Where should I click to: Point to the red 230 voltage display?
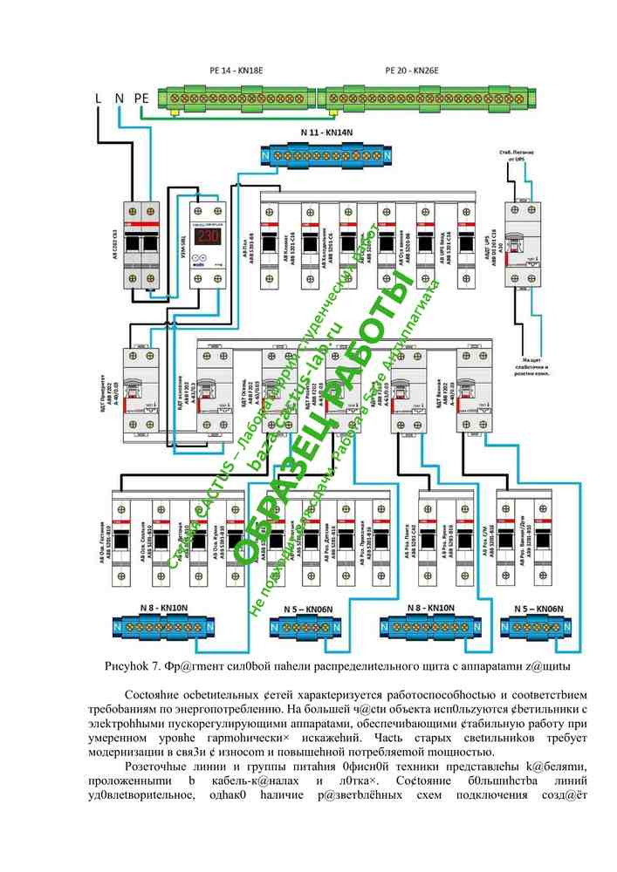[208, 235]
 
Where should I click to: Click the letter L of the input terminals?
[99, 99]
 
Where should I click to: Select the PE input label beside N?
[142, 99]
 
